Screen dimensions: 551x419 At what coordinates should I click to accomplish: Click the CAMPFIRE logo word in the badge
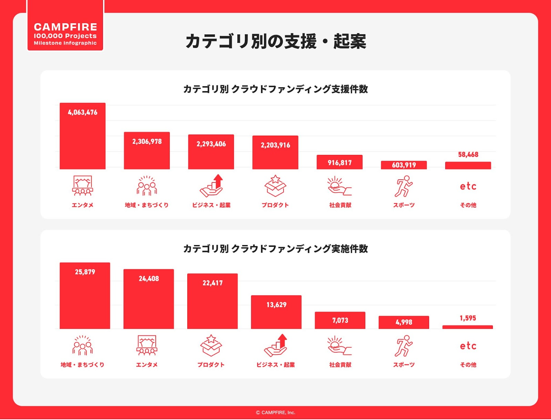point(65,27)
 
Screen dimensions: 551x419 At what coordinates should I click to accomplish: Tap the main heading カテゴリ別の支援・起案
point(275,41)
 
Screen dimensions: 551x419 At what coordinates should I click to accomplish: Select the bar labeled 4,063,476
point(83,136)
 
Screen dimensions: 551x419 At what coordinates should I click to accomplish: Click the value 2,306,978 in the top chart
point(147,142)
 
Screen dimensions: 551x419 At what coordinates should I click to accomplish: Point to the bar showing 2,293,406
point(211,152)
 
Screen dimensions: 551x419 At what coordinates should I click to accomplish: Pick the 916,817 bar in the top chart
point(340,162)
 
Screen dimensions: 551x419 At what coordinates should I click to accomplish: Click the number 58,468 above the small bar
point(468,155)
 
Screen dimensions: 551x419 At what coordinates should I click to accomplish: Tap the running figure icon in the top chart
point(404,186)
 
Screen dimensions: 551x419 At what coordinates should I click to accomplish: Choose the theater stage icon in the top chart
point(83,186)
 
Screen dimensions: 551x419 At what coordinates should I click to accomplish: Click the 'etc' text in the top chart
point(468,186)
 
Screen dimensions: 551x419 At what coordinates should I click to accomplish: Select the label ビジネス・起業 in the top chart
point(211,205)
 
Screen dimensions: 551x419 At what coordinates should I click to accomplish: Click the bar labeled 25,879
point(85,295)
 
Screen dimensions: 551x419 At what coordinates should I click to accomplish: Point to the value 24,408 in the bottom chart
point(149,279)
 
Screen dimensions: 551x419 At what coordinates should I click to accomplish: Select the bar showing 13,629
point(276,312)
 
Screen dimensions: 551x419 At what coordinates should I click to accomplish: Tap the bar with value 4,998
point(404,322)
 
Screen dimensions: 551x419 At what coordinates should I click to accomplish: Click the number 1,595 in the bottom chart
point(468,318)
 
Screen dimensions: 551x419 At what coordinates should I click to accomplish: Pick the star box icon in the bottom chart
point(211,345)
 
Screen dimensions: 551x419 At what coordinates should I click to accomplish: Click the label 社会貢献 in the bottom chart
point(340,365)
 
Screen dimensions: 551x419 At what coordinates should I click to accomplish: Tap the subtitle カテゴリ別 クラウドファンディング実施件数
point(275,249)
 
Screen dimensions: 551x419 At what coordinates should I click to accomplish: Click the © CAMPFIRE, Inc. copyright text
point(275,412)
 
